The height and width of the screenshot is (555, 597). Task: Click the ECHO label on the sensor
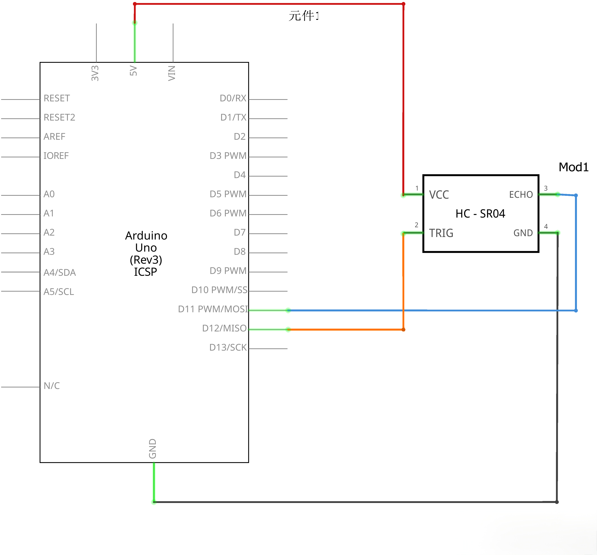click(521, 195)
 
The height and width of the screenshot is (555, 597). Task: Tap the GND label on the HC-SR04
click(523, 233)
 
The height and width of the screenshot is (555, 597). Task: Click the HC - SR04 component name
click(480, 214)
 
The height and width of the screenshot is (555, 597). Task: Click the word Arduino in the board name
click(146, 236)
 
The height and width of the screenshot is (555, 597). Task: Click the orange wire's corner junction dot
click(403, 330)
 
